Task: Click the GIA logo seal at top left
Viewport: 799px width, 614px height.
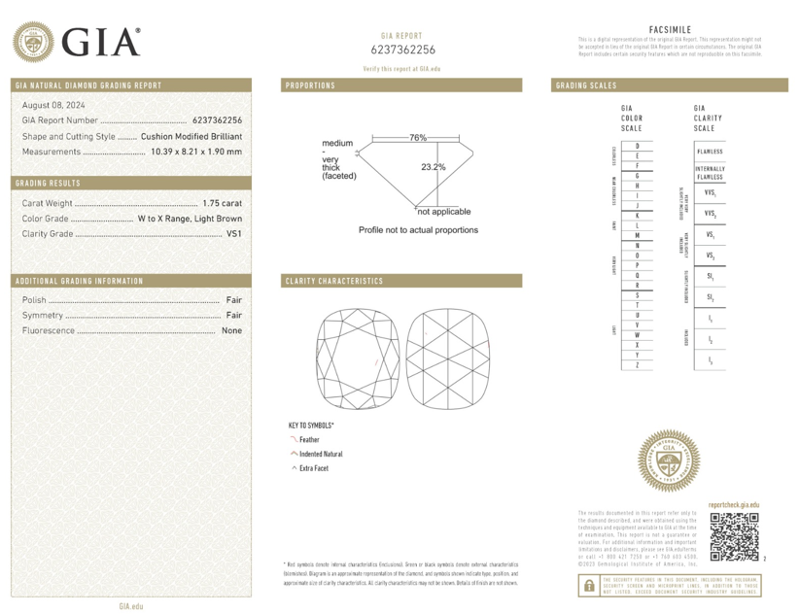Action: pyautogui.click(x=34, y=42)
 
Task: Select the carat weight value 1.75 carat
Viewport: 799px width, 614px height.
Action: pyautogui.click(x=222, y=203)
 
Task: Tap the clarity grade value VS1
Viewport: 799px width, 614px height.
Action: pyautogui.click(x=233, y=234)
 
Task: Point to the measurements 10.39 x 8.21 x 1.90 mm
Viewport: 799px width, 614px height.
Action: pyautogui.click(x=192, y=152)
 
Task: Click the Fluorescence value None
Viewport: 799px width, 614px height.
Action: pyautogui.click(x=231, y=331)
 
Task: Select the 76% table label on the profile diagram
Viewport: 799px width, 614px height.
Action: pyautogui.click(x=418, y=138)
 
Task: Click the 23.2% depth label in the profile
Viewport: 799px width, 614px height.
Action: pyautogui.click(x=434, y=167)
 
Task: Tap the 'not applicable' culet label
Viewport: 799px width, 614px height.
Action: pyautogui.click(x=444, y=211)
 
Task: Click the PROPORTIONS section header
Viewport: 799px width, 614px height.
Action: pyautogui.click(x=311, y=85)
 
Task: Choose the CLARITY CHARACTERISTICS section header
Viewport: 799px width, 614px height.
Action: pyautogui.click(x=334, y=282)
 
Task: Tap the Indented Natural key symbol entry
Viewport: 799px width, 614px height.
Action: pyautogui.click(x=320, y=454)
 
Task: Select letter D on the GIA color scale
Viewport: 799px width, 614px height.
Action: pyautogui.click(x=637, y=145)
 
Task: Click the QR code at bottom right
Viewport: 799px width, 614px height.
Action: pyautogui.click(x=734, y=537)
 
